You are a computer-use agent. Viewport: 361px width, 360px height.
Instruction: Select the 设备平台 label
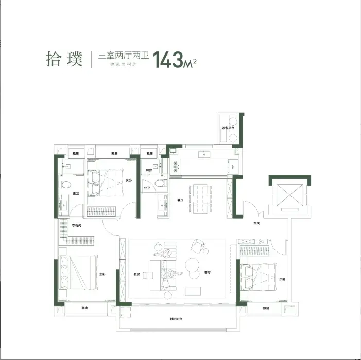pos(228,127)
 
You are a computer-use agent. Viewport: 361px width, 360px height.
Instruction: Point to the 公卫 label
pos(147,188)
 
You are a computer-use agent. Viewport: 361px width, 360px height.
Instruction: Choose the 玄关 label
pos(256,223)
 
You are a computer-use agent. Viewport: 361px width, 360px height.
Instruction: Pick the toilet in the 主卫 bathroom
pos(64,184)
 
